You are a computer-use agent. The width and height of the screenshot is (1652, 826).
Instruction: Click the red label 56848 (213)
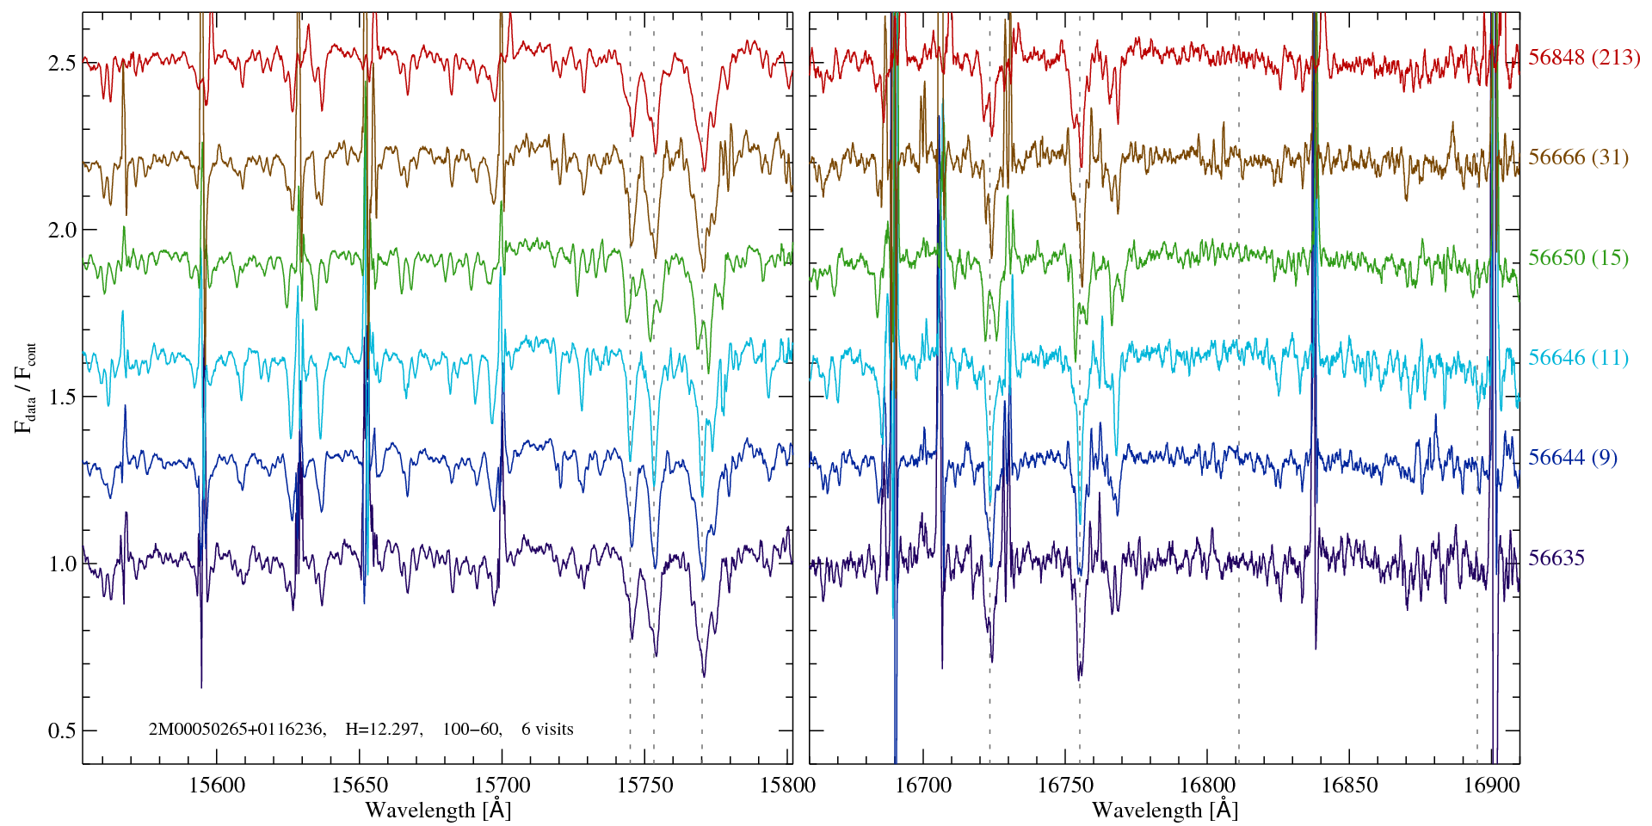[x=1584, y=58]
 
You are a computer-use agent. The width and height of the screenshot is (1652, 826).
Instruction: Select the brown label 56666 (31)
[x=1578, y=157]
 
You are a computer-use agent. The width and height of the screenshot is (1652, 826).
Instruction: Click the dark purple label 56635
[x=1556, y=558]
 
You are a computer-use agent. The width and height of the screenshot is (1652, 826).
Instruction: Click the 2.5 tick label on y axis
[x=62, y=64]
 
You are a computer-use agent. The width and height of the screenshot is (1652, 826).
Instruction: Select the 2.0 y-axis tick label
[x=62, y=231]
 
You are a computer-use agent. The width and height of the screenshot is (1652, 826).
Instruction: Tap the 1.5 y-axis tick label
[x=62, y=398]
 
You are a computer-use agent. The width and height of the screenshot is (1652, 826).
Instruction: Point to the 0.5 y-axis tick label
[x=62, y=730]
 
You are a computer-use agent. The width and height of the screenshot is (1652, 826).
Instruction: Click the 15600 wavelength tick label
[x=216, y=785]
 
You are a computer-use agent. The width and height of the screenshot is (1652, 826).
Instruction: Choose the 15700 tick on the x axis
[x=502, y=785]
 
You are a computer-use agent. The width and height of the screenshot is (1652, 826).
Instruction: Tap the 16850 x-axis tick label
[x=1348, y=785]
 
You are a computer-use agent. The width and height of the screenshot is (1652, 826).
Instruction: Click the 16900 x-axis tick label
[x=1490, y=785]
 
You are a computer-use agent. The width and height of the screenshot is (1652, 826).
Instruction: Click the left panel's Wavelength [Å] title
[x=438, y=810]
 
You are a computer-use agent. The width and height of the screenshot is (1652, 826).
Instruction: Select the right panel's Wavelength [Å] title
[x=1164, y=810]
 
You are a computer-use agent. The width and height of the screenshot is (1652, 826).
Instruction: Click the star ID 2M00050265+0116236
[x=237, y=730]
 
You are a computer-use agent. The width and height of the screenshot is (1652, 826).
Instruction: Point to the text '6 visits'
[x=547, y=730]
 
